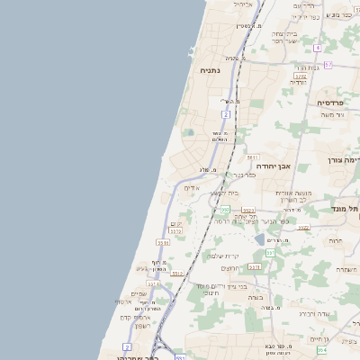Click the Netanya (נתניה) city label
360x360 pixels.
pos(211,69)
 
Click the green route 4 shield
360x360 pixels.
pos(318,46)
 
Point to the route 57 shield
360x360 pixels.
pos(328,65)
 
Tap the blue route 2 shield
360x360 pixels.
pos(127,346)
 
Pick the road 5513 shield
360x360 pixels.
pos(163,242)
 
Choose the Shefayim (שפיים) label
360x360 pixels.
pos(139,293)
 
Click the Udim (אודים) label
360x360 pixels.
pos(190,188)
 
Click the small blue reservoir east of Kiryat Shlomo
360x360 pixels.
pos(260,240)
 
